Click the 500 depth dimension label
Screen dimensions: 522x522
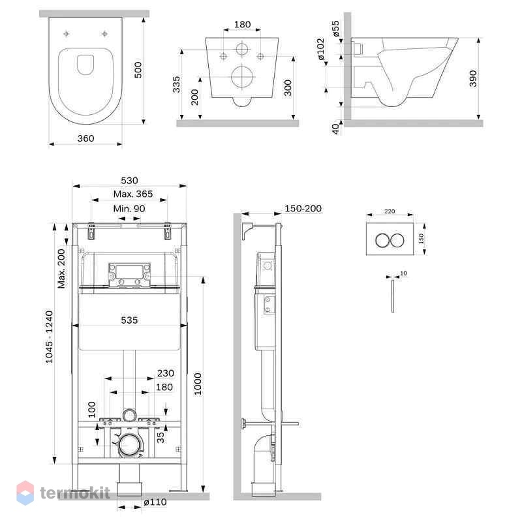click(x=138, y=70)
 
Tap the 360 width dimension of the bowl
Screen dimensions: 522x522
click(x=85, y=138)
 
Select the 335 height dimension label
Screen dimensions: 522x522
click(x=176, y=84)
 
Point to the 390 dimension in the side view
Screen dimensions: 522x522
click(x=472, y=78)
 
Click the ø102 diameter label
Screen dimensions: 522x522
click(x=320, y=49)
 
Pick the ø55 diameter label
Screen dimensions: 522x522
click(x=335, y=28)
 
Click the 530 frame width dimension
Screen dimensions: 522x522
click(x=129, y=181)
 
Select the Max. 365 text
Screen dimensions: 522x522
click(x=133, y=194)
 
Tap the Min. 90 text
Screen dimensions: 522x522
click(x=129, y=209)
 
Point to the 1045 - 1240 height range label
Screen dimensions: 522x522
click(x=50, y=337)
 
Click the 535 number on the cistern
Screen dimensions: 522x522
click(x=129, y=320)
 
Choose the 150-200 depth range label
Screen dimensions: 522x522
click(x=303, y=208)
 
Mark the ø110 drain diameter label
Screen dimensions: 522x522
click(x=155, y=502)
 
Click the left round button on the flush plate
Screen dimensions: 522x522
click(x=382, y=240)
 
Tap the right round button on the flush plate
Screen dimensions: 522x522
click(x=397, y=240)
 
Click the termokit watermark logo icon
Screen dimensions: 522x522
click(x=25, y=493)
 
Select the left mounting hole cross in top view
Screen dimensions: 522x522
click(x=67, y=34)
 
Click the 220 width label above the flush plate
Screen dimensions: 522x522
click(x=390, y=211)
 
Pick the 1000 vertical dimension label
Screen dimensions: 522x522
click(x=198, y=384)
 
